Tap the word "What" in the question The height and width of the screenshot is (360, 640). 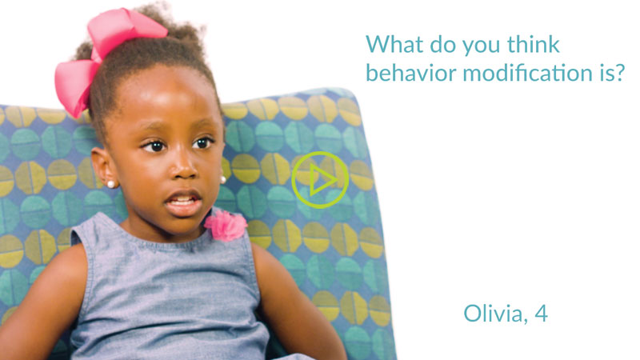coord(394,44)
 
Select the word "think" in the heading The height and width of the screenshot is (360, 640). coord(533,44)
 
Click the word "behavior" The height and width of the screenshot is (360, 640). coord(410,73)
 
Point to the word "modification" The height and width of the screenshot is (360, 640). coord(528,73)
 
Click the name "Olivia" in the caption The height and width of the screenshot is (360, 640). coord(493,314)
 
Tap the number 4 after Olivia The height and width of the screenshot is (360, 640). coord(541,313)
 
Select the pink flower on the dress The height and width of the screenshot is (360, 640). coord(226,225)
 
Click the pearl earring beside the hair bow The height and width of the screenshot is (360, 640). coord(110,184)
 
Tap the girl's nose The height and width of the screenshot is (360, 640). coord(185,166)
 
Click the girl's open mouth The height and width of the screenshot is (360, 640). coord(183,202)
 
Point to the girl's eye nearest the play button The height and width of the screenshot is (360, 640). coord(203,142)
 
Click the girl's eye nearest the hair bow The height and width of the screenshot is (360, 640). coord(154,146)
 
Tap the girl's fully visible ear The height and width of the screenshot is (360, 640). coord(104,166)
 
